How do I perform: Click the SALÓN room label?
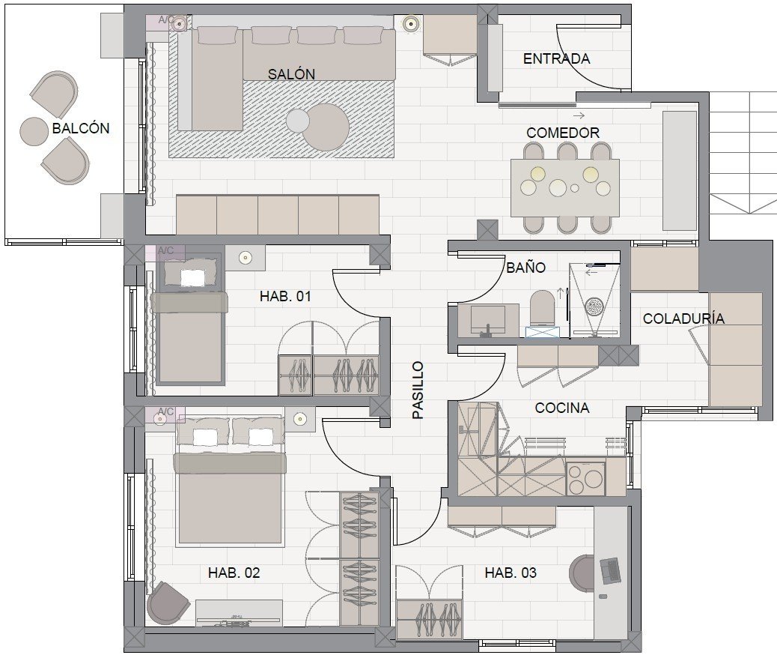coord(291,74)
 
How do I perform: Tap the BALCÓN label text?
coord(81,128)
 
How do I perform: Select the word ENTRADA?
coord(556,59)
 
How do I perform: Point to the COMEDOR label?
coord(563,133)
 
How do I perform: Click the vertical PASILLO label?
coord(418,390)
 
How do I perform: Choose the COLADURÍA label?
coord(684,319)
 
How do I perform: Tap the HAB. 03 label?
coord(511,573)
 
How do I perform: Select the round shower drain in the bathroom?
coord(594,307)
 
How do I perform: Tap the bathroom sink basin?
coord(487,319)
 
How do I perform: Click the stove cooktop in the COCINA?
coord(585,478)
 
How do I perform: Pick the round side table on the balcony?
coord(34,131)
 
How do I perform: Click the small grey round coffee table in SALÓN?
coord(298,121)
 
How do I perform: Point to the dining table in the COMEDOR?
coord(565,187)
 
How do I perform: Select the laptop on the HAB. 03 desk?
coord(610,570)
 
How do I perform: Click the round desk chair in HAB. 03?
coord(582,573)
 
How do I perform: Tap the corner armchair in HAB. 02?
coord(168,603)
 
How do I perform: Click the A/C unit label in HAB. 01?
coord(165,251)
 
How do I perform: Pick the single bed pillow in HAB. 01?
coord(190,274)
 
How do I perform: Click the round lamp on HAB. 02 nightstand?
coord(299,419)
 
